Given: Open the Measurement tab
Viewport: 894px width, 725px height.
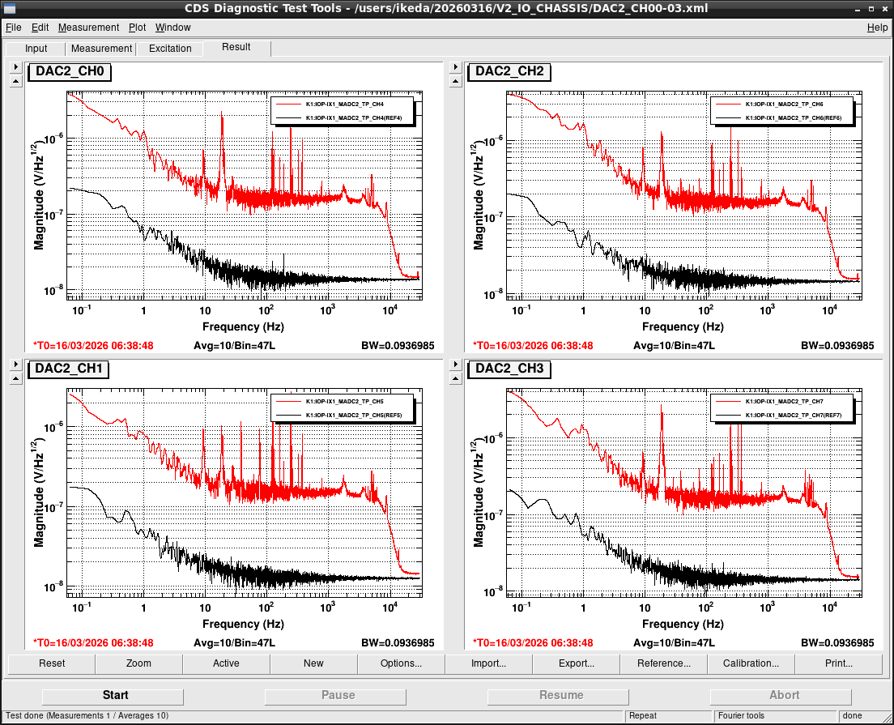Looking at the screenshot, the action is pyautogui.click(x=101, y=49).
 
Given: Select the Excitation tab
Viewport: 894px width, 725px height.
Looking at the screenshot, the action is pyautogui.click(x=170, y=49).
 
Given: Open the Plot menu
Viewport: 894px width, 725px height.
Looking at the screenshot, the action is pyautogui.click(x=137, y=28).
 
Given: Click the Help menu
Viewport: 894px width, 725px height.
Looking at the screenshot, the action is pyautogui.click(x=877, y=28).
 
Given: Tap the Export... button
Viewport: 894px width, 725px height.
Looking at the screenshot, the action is pyautogui.click(x=576, y=663).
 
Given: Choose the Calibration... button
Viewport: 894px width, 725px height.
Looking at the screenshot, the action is pyautogui.click(x=751, y=663).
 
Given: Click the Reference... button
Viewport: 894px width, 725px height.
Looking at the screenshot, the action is pyautogui.click(x=663, y=663).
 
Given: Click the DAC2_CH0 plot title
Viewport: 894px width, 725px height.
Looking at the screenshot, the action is pyautogui.click(x=70, y=71).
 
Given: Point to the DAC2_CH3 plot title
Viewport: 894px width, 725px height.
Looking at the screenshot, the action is pyautogui.click(x=509, y=369).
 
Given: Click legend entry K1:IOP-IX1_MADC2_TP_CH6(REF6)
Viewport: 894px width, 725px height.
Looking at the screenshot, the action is pyautogui.click(x=793, y=118).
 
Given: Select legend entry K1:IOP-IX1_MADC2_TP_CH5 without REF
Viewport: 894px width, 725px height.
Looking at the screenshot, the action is pyautogui.click(x=344, y=402).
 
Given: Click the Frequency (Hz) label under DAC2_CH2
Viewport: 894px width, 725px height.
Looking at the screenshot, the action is pyautogui.click(x=683, y=326).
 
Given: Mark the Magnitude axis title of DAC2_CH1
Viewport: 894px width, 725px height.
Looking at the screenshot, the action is pyautogui.click(x=39, y=493).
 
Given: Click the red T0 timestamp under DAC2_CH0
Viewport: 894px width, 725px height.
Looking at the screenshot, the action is pyautogui.click(x=93, y=346).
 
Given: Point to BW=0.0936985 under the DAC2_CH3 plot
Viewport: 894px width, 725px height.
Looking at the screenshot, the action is pyautogui.click(x=837, y=643).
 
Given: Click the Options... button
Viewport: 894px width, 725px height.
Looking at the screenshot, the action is pyautogui.click(x=401, y=663).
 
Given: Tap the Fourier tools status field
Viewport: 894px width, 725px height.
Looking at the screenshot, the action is pyautogui.click(x=741, y=716).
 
